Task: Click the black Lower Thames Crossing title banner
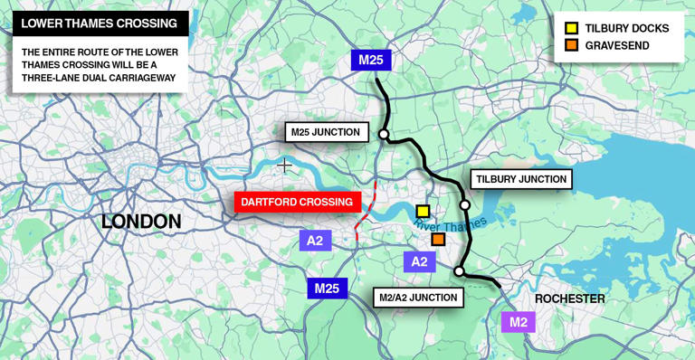(x=100, y=23)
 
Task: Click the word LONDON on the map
(x=141, y=221)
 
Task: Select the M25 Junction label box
(x=326, y=132)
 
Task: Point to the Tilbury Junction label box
(x=520, y=179)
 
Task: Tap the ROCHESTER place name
(x=570, y=298)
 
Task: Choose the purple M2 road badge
(x=519, y=321)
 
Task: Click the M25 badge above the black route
(x=371, y=61)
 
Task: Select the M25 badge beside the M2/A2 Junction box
(x=327, y=289)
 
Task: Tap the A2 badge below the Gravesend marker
(x=419, y=261)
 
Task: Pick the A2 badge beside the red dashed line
(x=315, y=240)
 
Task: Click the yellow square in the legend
(x=571, y=28)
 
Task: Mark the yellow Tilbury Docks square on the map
(x=423, y=212)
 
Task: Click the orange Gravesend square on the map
(x=438, y=239)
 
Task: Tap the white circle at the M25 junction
(x=384, y=135)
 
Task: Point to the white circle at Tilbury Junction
(x=465, y=204)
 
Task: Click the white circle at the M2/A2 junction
(x=459, y=271)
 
